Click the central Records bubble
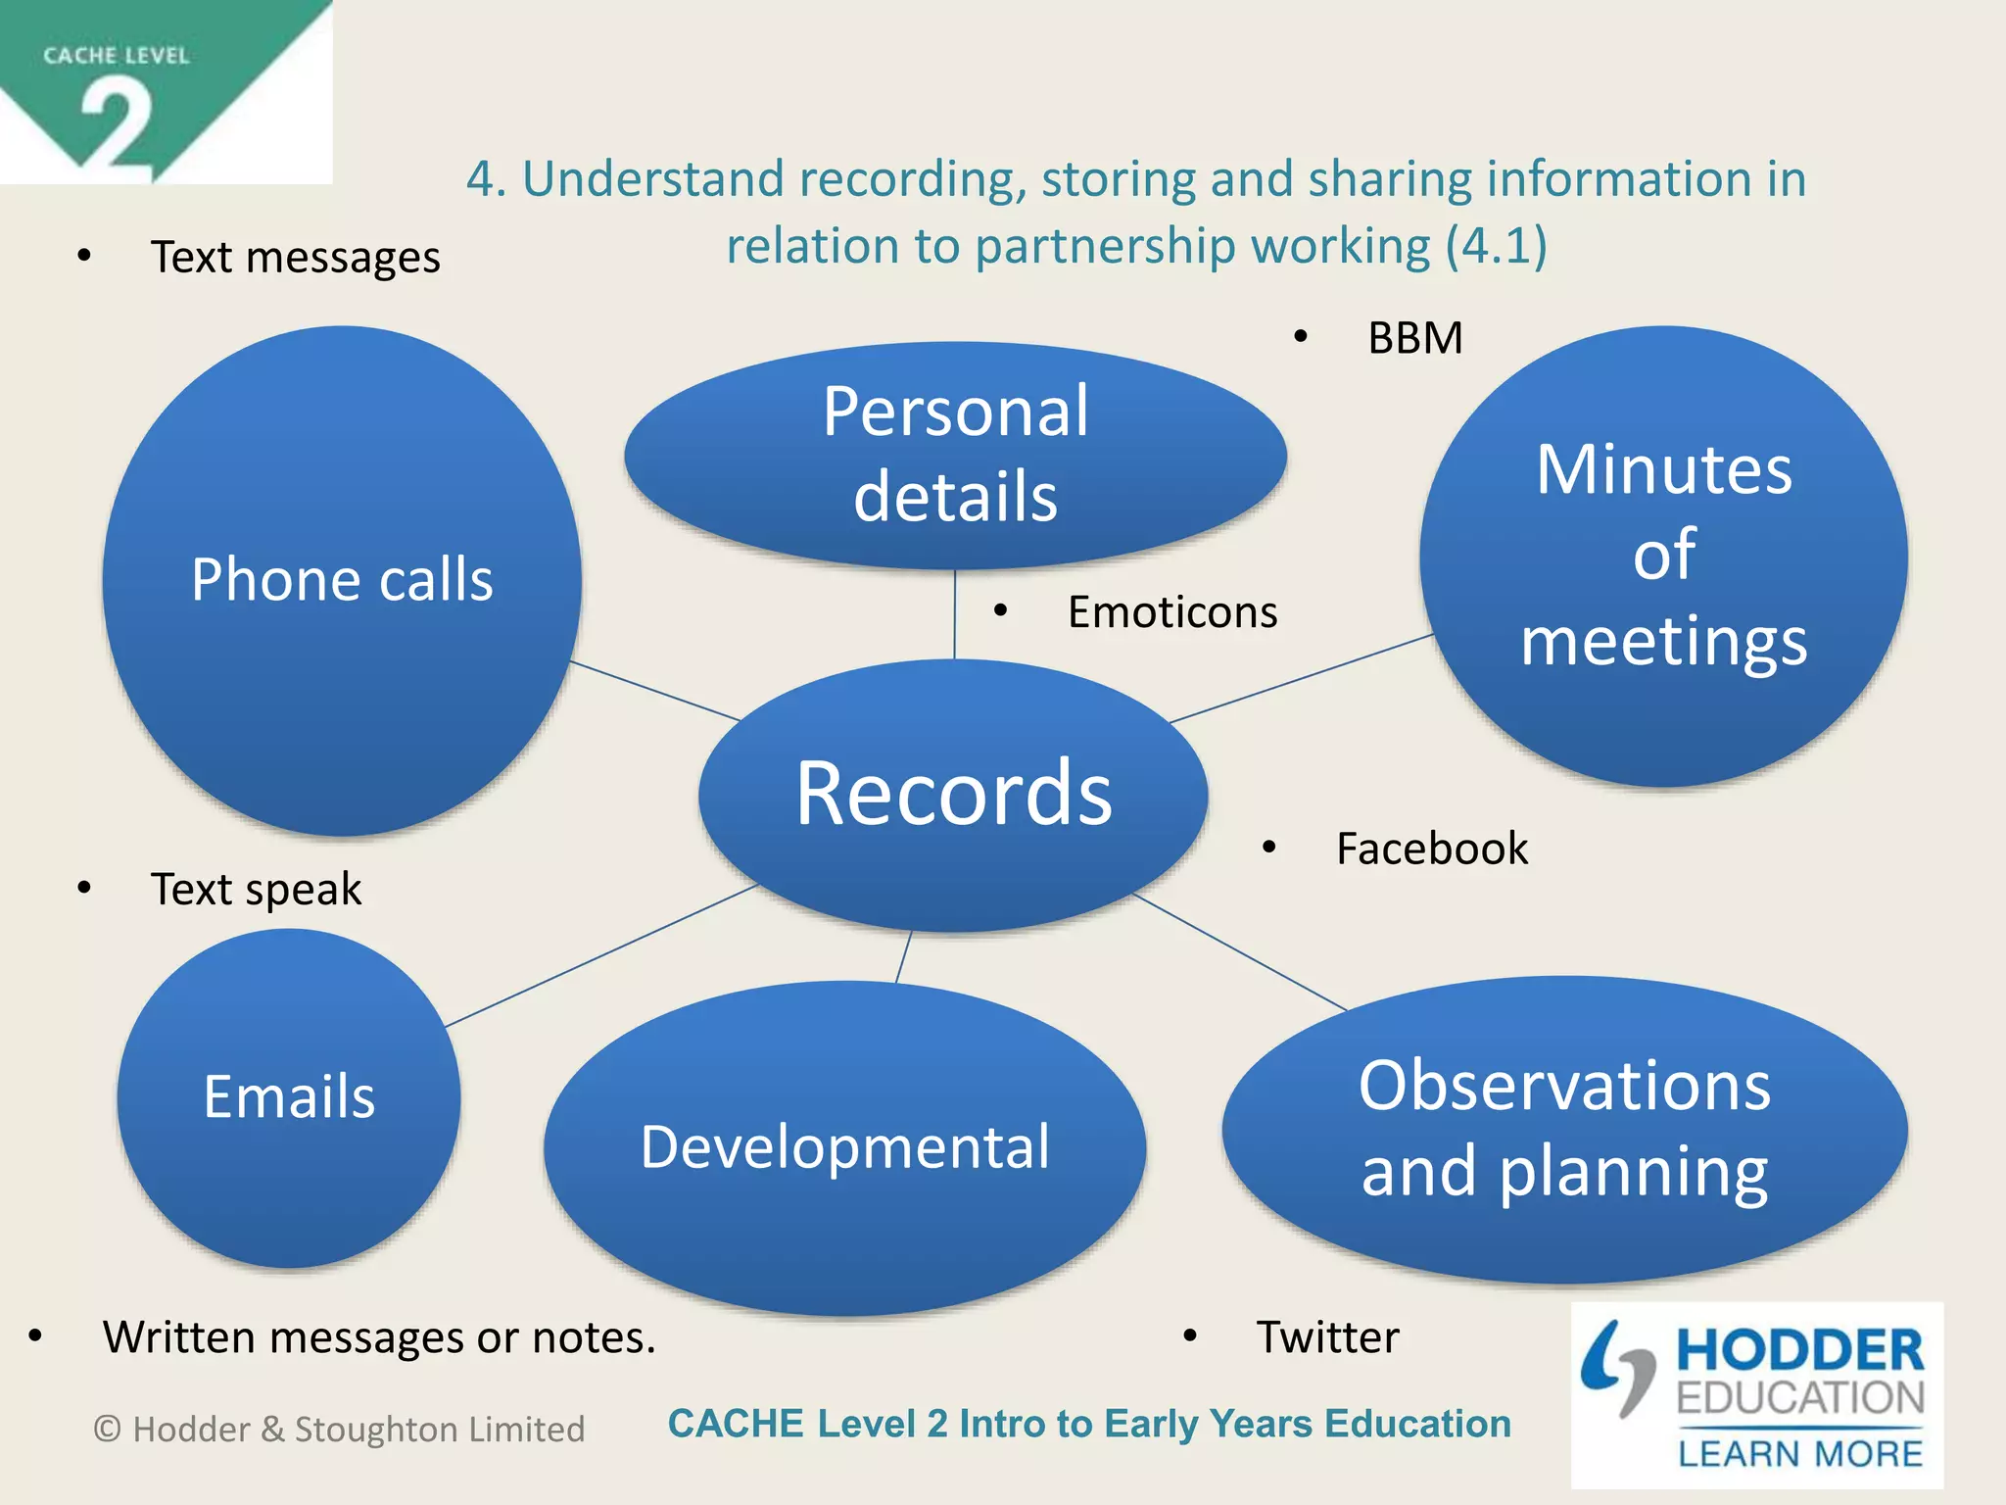click(x=953, y=794)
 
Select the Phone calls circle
click(x=342, y=580)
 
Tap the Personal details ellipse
click(x=955, y=454)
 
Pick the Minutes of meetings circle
click(x=1663, y=555)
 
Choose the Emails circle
click(x=289, y=1096)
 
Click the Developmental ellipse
click(x=844, y=1146)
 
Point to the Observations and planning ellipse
click(x=1564, y=1128)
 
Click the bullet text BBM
click(x=1414, y=338)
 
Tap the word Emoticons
click(x=1171, y=612)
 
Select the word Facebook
click(x=1431, y=849)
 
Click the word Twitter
click(x=1327, y=1337)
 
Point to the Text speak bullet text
click(x=256, y=890)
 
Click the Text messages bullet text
click(x=295, y=258)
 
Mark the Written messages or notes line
click(x=379, y=1337)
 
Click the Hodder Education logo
click(x=1756, y=1394)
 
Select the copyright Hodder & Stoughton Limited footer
click(x=339, y=1430)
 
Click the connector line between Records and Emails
click(x=600, y=956)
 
